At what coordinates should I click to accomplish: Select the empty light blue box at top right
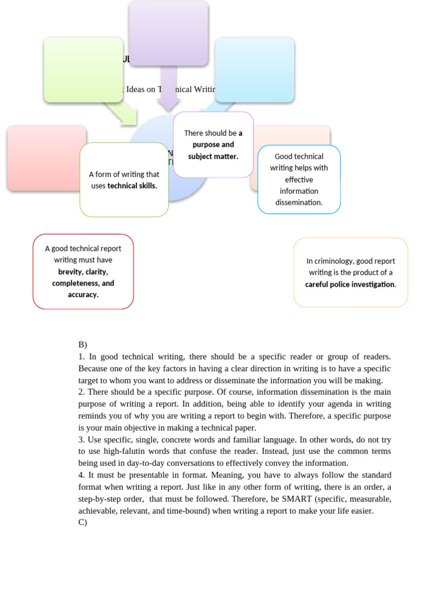click(x=254, y=69)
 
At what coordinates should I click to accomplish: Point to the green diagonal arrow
click(x=121, y=113)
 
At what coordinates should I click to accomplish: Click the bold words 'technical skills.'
click(x=132, y=186)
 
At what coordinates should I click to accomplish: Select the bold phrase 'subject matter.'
click(x=213, y=156)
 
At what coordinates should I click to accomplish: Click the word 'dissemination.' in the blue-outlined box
click(x=299, y=202)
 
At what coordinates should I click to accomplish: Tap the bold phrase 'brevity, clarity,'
click(x=83, y=271)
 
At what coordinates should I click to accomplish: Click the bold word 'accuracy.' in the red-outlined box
click(x=83, y=294)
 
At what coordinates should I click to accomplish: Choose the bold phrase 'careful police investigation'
click(x=350, y=284)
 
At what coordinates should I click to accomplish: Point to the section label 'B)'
click(x=83, y=344)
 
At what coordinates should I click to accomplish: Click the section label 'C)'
click(x=83, y=522)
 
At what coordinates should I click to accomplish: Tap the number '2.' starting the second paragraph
click(x=82, y=392)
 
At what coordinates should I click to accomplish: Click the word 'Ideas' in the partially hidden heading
click(x=136, y=89)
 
